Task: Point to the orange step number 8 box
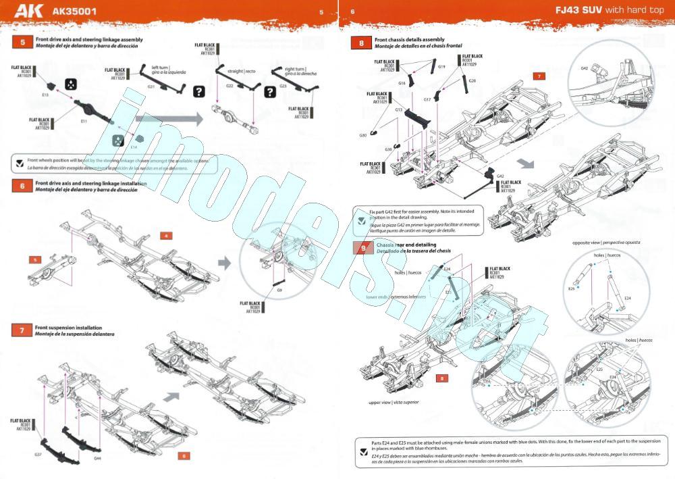pyautogui.click(x=362, y=43)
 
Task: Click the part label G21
pyautogui.click(x=151, y=86)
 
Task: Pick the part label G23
pyautogui.click(x=283, y=86)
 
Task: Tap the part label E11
pyautogui.click(x=84, y=121)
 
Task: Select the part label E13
pyautogui.click(x=45, y=95)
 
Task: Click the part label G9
pyautogui.click(x=279, y=289)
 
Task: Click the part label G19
pyautogui.click(x=441, y=66)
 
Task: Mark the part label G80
pyautogui.click(x=381, y=135)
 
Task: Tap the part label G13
pyautogui.click(x=398, y=109)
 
